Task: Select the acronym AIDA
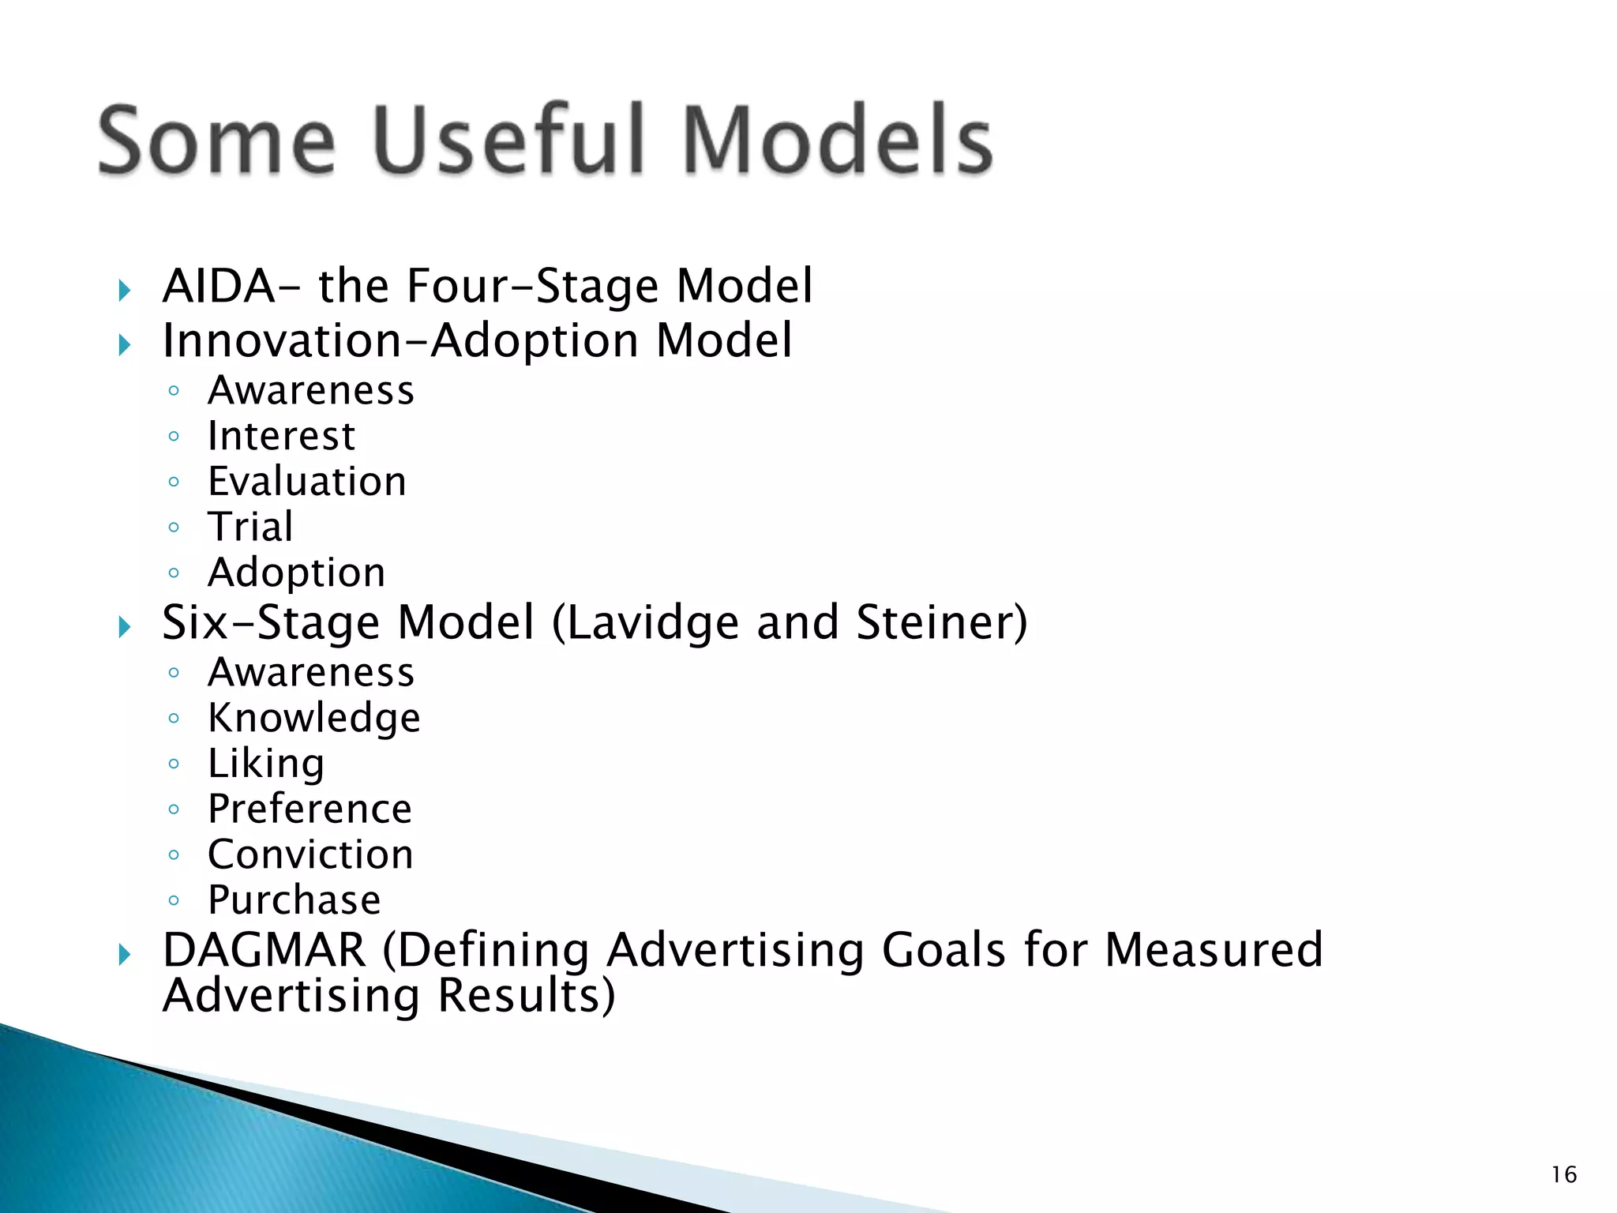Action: pos(218,286)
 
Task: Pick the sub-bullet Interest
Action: pos(281,436)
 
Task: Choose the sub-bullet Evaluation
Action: pos(307,482)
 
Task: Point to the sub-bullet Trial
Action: pos(250,527)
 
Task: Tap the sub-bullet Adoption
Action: pos(296,573)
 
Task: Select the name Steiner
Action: pos(940,622)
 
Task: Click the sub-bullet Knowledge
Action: pos(313,718)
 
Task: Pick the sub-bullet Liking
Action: pos(266,764)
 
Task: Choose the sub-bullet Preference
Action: pos(310,809)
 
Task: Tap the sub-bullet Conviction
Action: pos(310,854)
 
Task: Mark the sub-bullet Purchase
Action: pos(294,900)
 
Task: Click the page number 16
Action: pos(1563,1175)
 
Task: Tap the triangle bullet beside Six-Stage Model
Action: pos(124,628)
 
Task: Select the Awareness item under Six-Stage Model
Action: pos(310,673)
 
